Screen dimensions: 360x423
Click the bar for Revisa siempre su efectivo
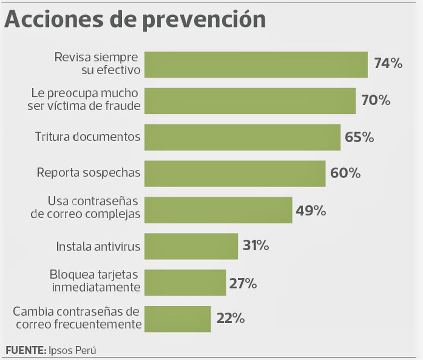coord(256,65)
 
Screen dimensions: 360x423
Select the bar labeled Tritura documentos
coord(242,137)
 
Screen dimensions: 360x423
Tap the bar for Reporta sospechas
coord(235,174)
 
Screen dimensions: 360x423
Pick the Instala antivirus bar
coord(191,246)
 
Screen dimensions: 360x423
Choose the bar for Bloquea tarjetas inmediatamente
coord(185,283)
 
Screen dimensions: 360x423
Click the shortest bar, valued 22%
coord(177,319)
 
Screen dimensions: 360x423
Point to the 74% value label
coord(388,64)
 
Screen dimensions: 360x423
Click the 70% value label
coord(376,101)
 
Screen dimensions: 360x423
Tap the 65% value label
coord(359,137)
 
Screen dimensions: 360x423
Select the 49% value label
coord(311,211)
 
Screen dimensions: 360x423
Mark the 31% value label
coord(256,246)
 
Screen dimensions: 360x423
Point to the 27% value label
coord(243,284)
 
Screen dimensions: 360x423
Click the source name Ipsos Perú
coord(72,350)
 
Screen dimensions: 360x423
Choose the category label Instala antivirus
coord(98,246)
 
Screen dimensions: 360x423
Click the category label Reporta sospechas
coord(88,173)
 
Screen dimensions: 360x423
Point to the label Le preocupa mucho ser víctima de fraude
coord(84,99)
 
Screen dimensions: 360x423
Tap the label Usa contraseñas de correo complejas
coord(85,208)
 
